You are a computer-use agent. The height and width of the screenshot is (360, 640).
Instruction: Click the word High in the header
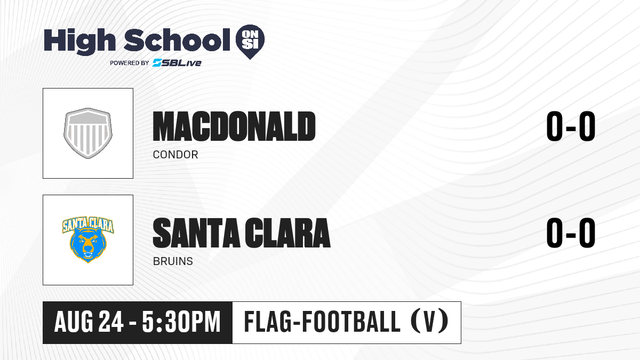[80, 42]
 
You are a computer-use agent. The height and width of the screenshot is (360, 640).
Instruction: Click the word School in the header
[177, 39]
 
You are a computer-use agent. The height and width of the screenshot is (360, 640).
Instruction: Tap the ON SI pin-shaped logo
[250, 42]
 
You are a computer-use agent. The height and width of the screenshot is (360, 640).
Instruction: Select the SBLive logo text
[177, 63]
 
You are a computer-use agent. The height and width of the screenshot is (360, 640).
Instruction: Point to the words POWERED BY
[130, 63]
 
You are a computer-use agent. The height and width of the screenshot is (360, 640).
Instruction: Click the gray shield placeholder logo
[88, 133]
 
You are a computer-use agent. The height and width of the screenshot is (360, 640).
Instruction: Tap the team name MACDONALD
[234, 126]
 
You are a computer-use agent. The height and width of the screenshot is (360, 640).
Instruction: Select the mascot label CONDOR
[175, 155]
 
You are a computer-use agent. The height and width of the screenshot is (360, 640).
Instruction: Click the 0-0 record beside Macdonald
[571, 126]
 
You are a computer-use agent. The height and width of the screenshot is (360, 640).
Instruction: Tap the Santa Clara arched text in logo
[88, 225]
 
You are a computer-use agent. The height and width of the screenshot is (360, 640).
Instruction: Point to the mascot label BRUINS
[173, 261]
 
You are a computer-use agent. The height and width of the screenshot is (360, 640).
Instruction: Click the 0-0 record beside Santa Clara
[571, 233]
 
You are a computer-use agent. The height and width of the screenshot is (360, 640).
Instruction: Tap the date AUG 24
[89, 322]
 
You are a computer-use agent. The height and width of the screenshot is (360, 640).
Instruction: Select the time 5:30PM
[181, 322]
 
